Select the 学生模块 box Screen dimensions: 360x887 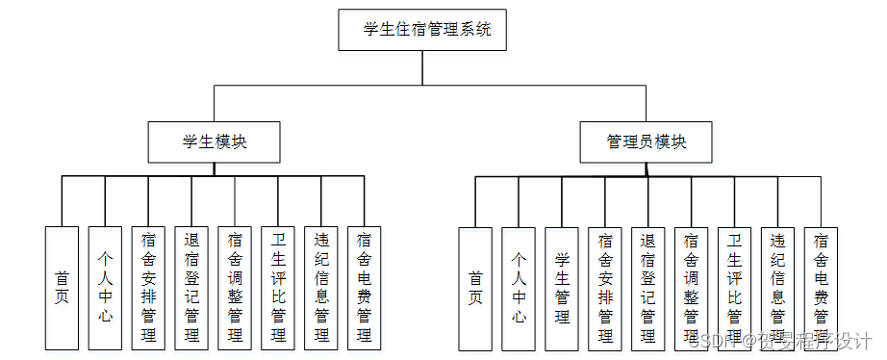pos(214,141)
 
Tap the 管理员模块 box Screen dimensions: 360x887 pos(646,141)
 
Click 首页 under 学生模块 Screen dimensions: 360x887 pos(63,287)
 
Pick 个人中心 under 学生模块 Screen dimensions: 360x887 pos(106,287)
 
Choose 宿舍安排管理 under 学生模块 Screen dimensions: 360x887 pos(149,287)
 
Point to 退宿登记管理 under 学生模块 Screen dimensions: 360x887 pos(192,287)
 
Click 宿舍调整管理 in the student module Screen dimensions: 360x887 pos(235,287)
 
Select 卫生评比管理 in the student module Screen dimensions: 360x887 pos(278,287)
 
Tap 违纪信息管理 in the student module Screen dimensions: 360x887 pos(321,287)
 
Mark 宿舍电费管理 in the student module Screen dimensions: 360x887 pos(365,287)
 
